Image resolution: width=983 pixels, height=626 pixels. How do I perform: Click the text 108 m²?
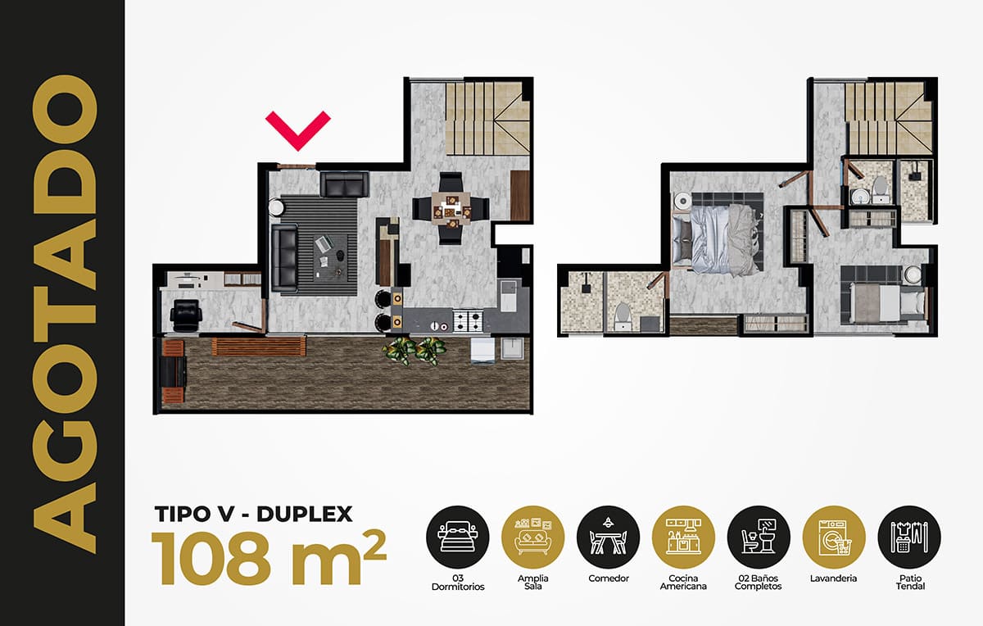click(x=269, y=559)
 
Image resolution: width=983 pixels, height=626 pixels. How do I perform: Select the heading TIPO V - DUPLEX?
click(x=254, y=514)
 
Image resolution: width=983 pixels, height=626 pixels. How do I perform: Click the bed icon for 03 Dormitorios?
click(x=458, y=537)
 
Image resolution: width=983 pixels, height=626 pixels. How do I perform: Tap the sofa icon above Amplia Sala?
click(x=532, y=537)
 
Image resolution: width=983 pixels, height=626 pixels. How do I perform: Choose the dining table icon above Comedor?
click(x=608, y=537)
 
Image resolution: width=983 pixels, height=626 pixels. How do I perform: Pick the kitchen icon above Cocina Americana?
click(x=683, y=537)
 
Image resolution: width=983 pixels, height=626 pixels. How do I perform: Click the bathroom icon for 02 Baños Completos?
click(x=759, y=537)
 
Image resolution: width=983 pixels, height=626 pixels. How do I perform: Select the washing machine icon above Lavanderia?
click(x=834, y=537)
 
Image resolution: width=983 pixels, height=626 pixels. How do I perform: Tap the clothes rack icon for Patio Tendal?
click(x=909, y=537)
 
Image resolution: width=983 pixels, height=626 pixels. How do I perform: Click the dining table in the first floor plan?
click(x=451, y=208)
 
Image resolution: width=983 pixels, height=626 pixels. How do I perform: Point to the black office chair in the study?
click(x=186, y=315)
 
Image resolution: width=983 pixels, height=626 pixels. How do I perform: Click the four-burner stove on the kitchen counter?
click(x=468, y=320)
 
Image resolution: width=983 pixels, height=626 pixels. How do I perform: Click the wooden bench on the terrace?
click(x=259, y=346)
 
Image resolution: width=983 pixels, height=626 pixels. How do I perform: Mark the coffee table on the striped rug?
click(x=330, y=257)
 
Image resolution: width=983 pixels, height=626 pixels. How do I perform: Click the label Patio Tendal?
click(x=910, y=582)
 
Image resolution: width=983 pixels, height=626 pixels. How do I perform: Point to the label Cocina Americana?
click(x=683, y=582)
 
